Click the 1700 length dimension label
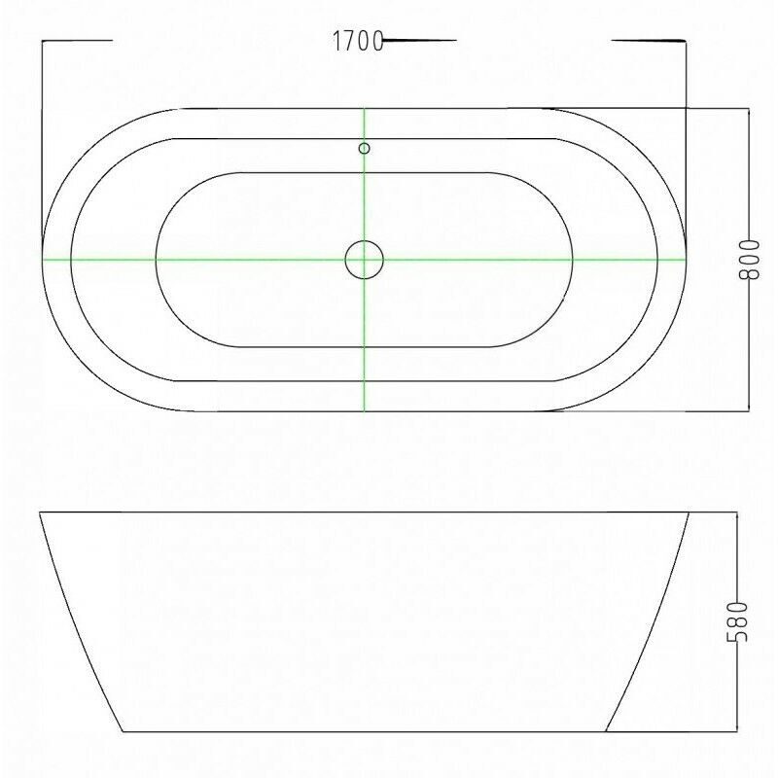358,41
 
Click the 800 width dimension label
749,260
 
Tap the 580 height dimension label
737,621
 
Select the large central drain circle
364,260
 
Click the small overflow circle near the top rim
364,148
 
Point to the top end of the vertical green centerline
364,108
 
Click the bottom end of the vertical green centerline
364,411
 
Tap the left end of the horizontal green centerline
43,259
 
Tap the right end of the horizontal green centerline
687,259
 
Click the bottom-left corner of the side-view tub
123,731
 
